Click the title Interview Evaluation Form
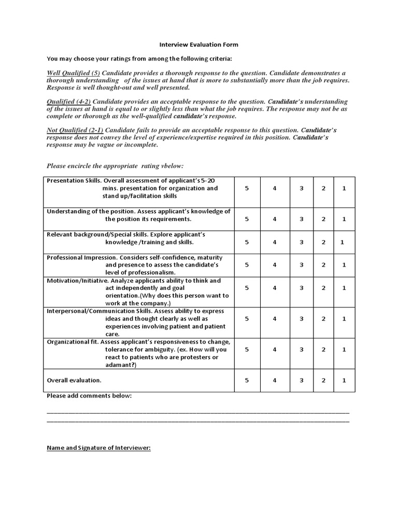[198, 45]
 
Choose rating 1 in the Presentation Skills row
[344, 188]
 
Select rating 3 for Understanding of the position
[302, 219]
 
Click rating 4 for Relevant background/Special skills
[275, 242]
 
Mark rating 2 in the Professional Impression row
[323, 264]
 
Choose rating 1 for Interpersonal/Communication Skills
[344, 319]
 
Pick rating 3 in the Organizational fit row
[302, 349]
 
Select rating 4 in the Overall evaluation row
[275, 380]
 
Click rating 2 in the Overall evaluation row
[323, 380]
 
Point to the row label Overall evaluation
[74, 380]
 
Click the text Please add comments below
[89, 396]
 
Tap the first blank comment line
[198, 413]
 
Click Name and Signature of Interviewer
[98, 448]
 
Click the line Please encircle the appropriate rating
[115, 166]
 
